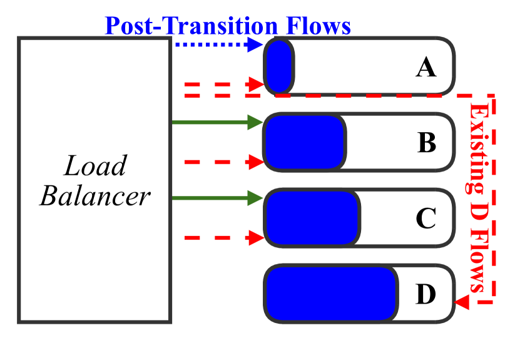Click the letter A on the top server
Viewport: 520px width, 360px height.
pos(426,67)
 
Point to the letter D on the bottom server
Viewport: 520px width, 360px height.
pos(426,294)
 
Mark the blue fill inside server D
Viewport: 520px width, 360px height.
pos(331,294)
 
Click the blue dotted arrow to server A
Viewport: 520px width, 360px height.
pos(217,44)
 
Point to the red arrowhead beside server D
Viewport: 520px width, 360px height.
pos(462,303)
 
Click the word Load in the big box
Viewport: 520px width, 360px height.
pos(95,167)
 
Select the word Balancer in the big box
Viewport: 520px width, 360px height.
pos(95,196)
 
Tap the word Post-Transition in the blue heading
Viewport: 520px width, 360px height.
pos(191,26)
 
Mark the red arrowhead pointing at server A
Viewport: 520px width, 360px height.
pos(256,84)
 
